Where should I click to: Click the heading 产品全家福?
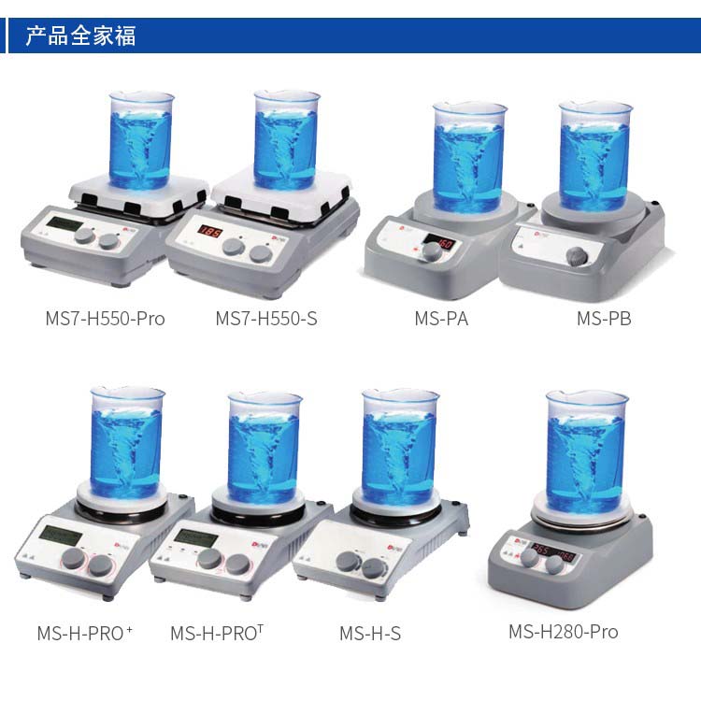pos(80,36)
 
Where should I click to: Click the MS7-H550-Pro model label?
pos(105,319)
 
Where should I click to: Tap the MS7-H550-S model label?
pos(266,319)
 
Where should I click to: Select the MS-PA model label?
pos(441,319)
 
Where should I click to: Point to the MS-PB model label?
pos(604,319)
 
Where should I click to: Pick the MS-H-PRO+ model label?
pos(85,633)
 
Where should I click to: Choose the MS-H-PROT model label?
pos(217,633)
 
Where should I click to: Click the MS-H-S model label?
pos(370,634)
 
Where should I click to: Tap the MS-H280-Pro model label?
pos(564,632)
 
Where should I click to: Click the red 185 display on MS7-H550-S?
pos(209,231)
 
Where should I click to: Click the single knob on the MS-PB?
pos(577,257)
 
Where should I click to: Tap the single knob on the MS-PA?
pos(431,251)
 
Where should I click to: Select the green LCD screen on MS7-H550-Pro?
pos(64,224)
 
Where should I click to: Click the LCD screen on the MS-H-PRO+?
pos(61,536)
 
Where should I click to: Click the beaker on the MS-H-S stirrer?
pos(399,448)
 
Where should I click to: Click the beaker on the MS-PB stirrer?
pos(595,156)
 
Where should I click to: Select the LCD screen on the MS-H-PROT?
pos(197,537)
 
